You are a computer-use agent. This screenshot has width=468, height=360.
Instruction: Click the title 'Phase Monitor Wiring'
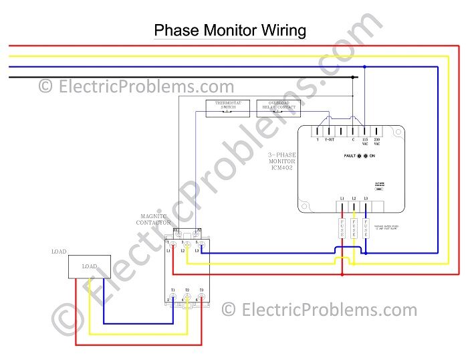click(230, 30)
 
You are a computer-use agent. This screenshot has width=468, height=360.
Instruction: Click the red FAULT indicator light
click(358, 155)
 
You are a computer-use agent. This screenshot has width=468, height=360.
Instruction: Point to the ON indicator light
click(366, 155)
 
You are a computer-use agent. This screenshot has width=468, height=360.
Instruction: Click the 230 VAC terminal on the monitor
click(376, 132)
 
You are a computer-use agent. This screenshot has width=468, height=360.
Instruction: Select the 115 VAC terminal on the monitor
click(364, 132)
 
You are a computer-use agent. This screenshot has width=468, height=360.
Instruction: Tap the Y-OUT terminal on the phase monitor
click(329, 132)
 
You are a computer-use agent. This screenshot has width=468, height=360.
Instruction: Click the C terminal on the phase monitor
click(353, 132)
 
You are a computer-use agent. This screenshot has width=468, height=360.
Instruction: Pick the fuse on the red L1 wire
click(342, 229)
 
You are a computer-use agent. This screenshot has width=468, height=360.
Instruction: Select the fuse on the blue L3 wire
click(366, 229)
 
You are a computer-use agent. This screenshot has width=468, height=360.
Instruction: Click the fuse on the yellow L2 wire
click(354, 229)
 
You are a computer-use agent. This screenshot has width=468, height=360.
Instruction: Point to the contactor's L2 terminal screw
click(187, 247)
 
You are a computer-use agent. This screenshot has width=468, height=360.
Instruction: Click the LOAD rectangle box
click(89, 266)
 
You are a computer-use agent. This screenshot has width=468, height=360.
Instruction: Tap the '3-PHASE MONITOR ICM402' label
click(281, 161)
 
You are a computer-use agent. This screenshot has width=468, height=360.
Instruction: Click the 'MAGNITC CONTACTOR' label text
click(155, 219)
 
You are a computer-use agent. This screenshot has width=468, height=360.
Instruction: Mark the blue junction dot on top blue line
click(364, 67)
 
